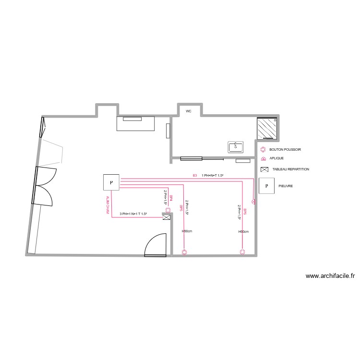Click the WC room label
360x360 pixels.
click(x=189, y=111)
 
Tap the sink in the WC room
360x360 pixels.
click(x=236, y=146)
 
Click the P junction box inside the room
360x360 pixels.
click(x=111, y=182)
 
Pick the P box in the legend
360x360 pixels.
click(x=266, y=186)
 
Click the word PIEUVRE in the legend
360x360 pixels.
click(x=286, y=186)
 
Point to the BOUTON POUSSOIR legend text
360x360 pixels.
click(x=285, y=150)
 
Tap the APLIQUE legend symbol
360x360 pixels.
click(x=263, y=158)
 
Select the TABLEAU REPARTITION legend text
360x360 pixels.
click(x=290, y=169)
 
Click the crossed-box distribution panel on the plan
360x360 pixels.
click(x=167, y=218)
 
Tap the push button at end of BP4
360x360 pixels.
click(x=167, y=209)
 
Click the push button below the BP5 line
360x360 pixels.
click(x=184, y=252)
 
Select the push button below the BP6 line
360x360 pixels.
click(x=242, y=252)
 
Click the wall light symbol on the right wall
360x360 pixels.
click(x=254, y=203)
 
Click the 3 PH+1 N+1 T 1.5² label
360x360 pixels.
click(x=133, y=214)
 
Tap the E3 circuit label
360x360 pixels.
click(x=195, y=176)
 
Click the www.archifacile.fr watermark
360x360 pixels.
click(x=330, y=276)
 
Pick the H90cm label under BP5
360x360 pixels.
click(x=187, y=231)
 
